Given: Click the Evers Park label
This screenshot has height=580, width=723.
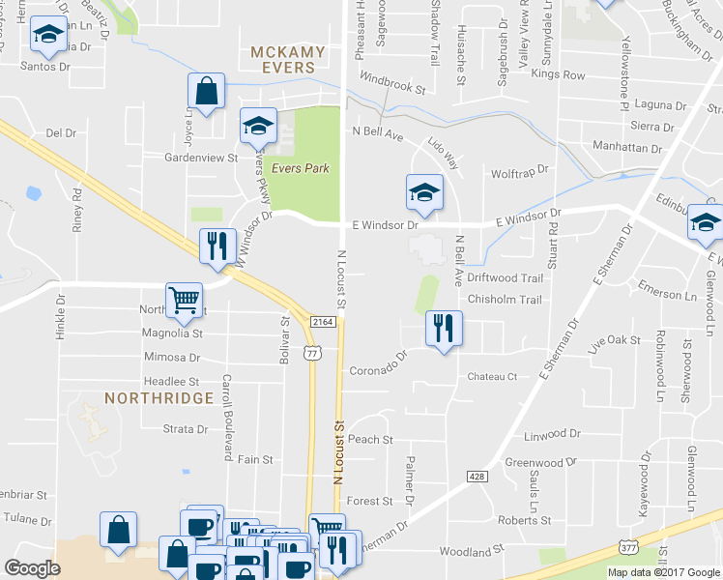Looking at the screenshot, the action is click(x=300, y=168).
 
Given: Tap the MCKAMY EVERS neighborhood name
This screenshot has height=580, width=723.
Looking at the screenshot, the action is click(x=282, y=59).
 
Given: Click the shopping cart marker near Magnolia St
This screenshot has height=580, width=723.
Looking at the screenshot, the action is click(x=184, y=299).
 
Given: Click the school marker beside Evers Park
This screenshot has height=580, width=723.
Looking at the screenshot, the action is click(x=258, y=126).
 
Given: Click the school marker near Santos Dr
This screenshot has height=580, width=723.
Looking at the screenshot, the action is click(x=45, y=36).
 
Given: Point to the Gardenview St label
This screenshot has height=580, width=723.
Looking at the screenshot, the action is click(x=201, y=157).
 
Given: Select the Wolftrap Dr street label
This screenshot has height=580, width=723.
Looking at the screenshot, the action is click(x=519, y=170).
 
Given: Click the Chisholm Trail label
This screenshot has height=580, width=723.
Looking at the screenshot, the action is click(x=505, y=300).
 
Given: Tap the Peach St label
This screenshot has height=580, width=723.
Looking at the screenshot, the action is click(x=370, y=439).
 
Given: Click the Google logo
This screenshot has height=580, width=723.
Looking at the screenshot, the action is click(x=32, y=567).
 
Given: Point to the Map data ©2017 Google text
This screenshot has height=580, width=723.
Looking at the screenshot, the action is click(x=663, y=572).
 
